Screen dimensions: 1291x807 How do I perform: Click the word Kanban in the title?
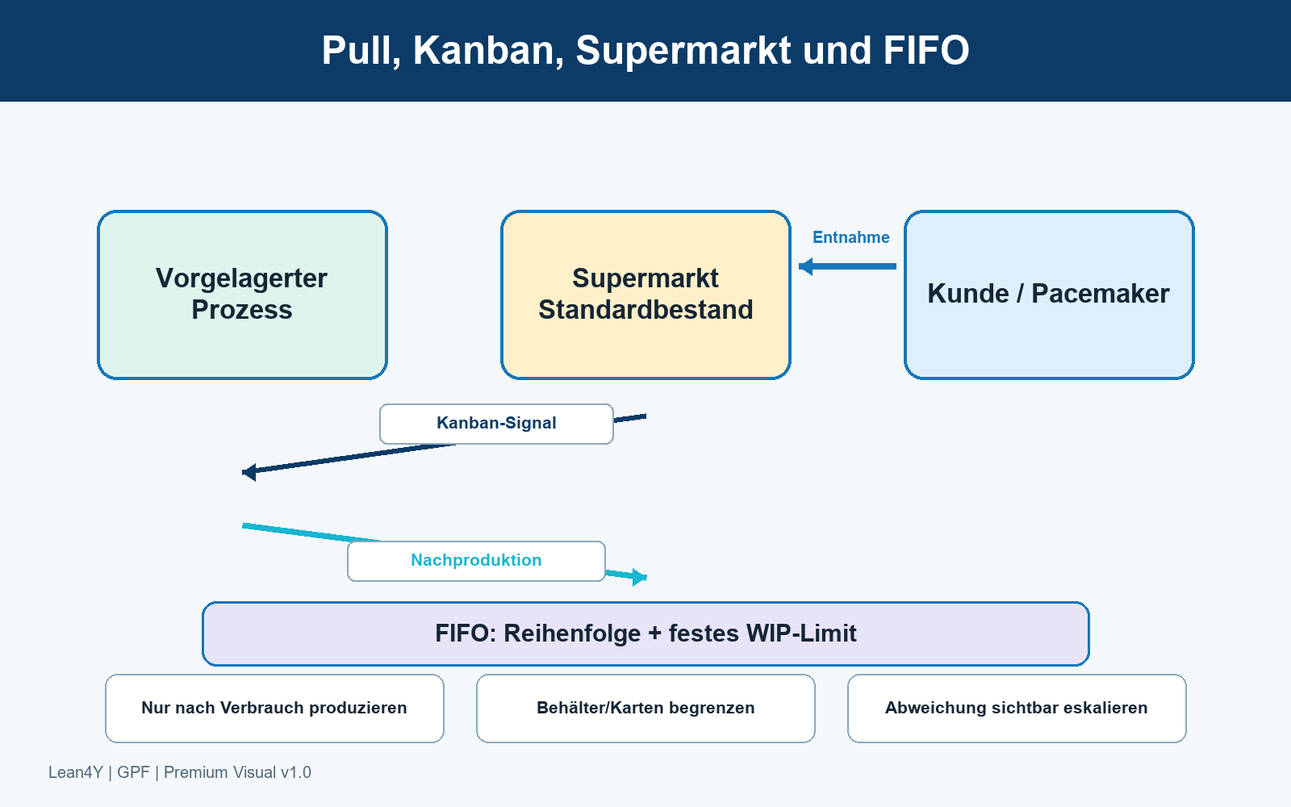[489, 51]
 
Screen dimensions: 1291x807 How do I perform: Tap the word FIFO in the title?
[926, 51]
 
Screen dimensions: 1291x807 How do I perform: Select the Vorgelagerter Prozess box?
[242, 295]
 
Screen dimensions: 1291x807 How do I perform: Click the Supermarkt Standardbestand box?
[645, 295]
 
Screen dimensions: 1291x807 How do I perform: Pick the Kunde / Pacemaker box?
[1049, 295]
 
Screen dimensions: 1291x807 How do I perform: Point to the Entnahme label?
[850, 237]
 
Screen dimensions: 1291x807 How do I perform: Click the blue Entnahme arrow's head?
[805, 266]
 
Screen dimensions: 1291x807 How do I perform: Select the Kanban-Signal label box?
[496, 424]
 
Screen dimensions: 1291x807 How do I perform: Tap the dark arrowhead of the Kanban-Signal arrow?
[249, 472]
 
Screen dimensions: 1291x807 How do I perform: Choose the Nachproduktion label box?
[476, 561]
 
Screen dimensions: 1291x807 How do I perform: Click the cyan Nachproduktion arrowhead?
[640, 576]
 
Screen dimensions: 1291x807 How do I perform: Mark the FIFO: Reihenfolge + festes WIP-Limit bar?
[645, 633]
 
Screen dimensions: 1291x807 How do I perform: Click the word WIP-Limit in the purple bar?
[801, 633]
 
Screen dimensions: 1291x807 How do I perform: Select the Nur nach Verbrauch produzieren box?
[274, 709]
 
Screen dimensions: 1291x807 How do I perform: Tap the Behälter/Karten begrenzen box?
[645, 709]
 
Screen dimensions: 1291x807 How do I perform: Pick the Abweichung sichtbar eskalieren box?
[1017, 709]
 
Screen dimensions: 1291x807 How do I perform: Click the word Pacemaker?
[1101, 294]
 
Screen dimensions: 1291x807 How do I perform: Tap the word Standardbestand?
[645, 310]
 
